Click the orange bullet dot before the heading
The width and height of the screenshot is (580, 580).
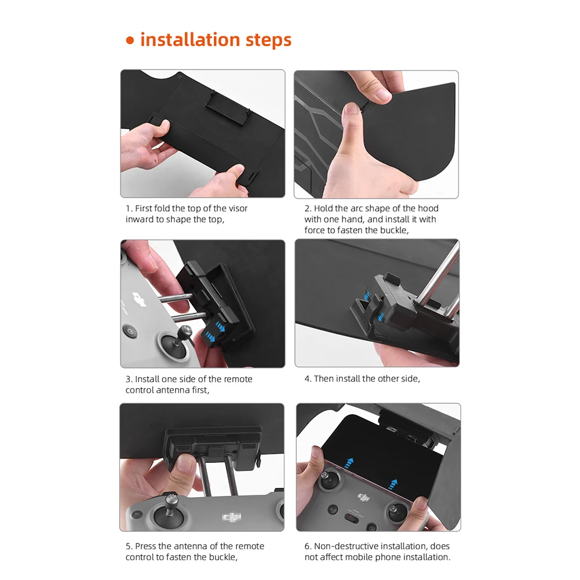click(130, 41)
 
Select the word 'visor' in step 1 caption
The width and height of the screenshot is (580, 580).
click(238, 208)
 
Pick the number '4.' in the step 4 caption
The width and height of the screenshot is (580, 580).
click(308, 379)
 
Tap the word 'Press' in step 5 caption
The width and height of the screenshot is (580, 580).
click(147, 546)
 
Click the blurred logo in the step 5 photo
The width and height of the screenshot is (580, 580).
click(232, 517)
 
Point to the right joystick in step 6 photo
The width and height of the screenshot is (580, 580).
click(397, 513)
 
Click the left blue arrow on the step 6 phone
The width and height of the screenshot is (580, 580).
click(349, 464)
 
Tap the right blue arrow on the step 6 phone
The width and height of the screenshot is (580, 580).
click(393, 484)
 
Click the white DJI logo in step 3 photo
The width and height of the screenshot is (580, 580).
click(138, 297)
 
